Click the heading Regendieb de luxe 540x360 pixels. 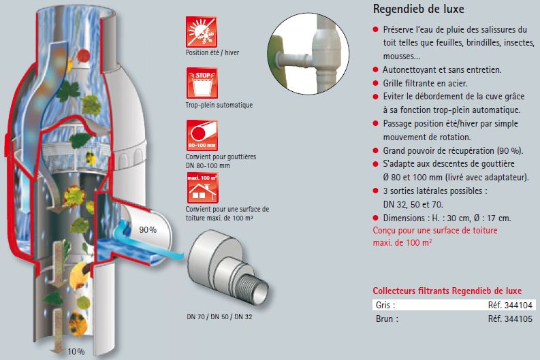[418, 9]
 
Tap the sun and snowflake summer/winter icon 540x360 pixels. [202, 32]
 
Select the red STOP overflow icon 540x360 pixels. [202, 83]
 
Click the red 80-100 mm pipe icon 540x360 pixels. [202, 135]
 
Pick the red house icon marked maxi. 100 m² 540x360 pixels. [202, 188]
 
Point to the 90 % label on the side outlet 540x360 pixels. [148, 229]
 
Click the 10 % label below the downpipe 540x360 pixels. [76, 351]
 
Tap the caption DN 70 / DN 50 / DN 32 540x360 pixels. [219, 316]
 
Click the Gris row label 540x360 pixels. [385, 305]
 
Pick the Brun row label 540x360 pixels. [387, 318]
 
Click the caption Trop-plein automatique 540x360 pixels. [219, 105]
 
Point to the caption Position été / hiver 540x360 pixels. [212, 52]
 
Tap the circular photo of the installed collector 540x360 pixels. [308, 54]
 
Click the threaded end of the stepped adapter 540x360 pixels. [253, 287]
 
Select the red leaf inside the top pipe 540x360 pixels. [83, 55]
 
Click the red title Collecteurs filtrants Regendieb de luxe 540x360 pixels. [447, 291]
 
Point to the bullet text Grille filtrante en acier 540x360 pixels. [425, 83]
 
